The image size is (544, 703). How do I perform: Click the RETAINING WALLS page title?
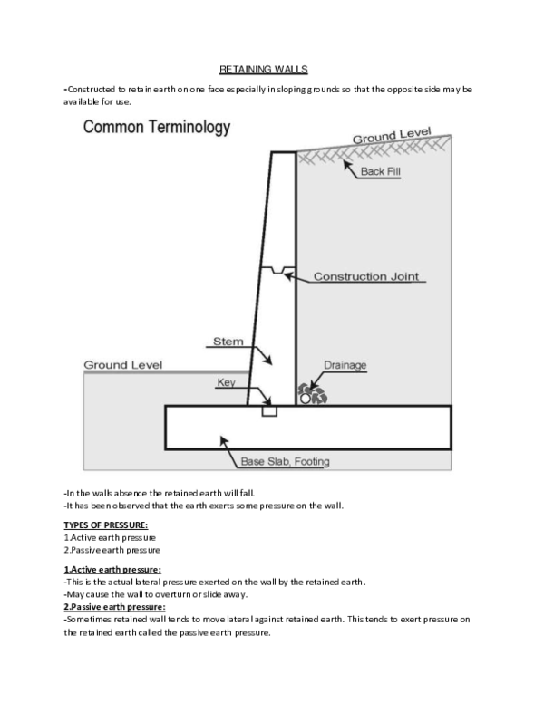pos(270,69)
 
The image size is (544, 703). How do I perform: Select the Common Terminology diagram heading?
pos(156,128)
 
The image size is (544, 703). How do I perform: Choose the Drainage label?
pos(345,365)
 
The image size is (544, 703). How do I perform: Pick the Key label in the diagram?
pos(226,382)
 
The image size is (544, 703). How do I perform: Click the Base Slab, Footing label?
pos(285,462)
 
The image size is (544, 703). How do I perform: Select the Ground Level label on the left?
pos(122,365)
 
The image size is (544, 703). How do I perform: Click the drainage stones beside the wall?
pos(311,395)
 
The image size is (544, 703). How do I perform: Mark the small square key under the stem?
pos(268,411)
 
